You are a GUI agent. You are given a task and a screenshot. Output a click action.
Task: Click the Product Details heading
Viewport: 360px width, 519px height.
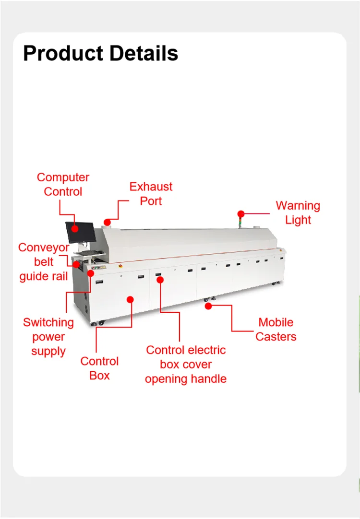click(101, 53)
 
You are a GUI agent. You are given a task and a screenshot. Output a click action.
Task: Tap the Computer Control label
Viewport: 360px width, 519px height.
click(63, 184)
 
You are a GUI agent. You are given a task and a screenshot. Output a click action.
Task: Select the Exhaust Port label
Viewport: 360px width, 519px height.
click(151, 194)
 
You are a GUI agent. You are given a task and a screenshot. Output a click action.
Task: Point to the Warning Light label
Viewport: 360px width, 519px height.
click(298, 212)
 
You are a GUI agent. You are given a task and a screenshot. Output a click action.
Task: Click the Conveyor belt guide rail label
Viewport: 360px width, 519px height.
click(44, 262)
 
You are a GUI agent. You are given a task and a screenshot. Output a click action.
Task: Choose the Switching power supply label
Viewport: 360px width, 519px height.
click(48, 337)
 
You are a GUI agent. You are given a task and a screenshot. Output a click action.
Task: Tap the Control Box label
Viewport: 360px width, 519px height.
click(99, 368)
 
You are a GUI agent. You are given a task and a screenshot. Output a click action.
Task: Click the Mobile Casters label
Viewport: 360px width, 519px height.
click(276, 330)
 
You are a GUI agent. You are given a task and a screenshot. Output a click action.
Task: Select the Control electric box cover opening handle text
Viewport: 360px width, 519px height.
click(186, 364)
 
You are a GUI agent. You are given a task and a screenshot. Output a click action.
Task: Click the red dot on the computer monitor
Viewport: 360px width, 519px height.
click(75, 228)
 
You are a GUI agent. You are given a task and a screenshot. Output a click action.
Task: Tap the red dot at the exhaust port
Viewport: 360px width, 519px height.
click(107, 223)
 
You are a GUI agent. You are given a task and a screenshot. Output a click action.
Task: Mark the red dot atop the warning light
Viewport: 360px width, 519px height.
click(241, 214)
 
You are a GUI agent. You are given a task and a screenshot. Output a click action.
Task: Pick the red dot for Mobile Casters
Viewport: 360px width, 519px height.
click(208, 306)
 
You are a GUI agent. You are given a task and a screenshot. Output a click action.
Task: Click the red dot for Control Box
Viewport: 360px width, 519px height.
click(130, 299)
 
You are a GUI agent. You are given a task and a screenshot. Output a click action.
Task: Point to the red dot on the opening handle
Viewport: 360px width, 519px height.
click(160, 280)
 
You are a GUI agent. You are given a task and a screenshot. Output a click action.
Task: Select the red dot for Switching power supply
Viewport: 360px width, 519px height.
click(90, 273)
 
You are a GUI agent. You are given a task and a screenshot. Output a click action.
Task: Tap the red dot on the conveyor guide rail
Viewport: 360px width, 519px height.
click(76, 264)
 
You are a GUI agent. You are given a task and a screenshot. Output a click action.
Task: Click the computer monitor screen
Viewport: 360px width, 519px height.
click(81, 232)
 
